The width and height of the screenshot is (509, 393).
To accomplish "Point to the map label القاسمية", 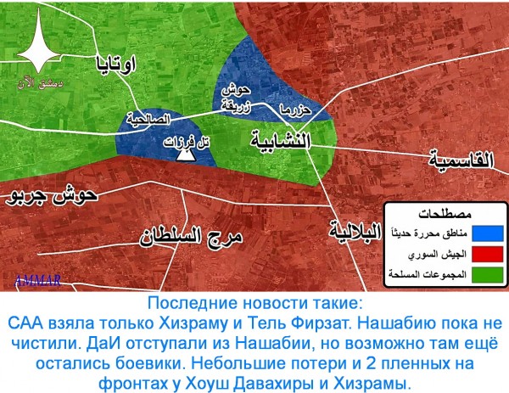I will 465,157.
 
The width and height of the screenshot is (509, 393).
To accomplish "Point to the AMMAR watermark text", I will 31,278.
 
